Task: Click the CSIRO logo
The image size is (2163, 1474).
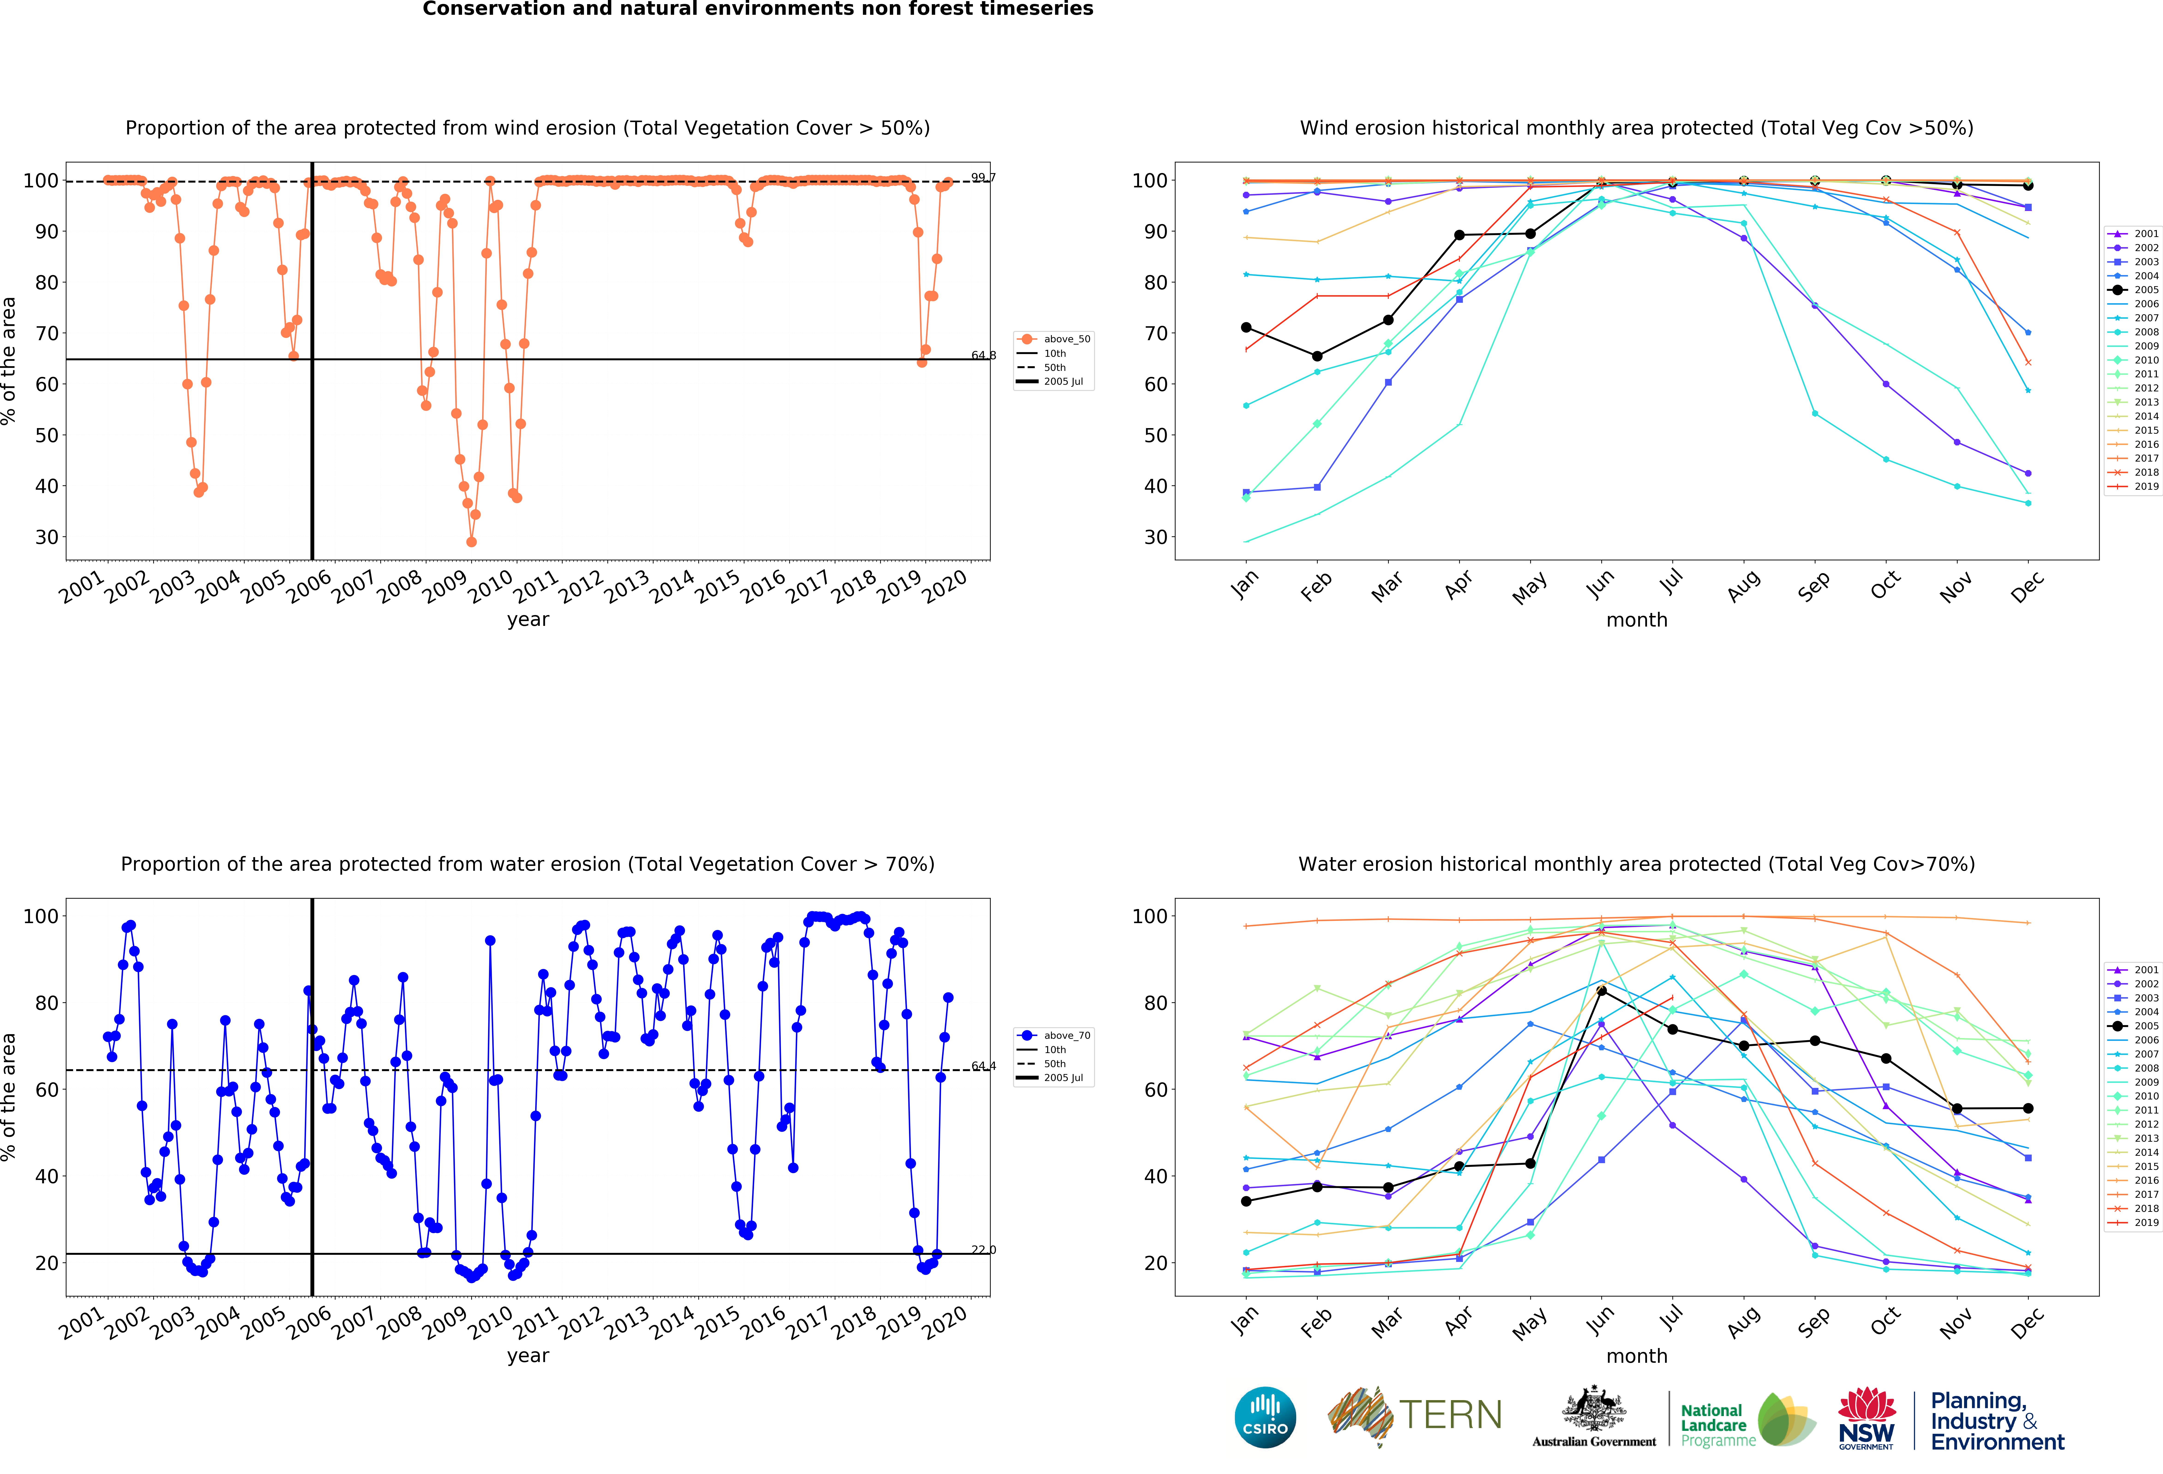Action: click(1265, 1417)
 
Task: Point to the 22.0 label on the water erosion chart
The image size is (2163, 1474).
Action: click(983, 1250)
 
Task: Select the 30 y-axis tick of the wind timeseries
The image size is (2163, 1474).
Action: click(47, 537)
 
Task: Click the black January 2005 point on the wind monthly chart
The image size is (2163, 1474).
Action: click(1246, 327)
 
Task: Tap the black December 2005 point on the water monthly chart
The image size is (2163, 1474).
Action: click(2028, 1108)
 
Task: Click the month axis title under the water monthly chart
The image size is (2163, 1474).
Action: click(1636, 1356)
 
